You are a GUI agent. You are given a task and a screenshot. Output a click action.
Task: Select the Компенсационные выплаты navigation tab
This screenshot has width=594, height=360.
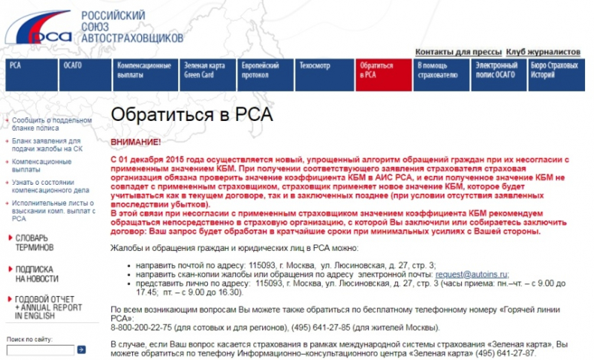pyautogui.click(x=144, y=70)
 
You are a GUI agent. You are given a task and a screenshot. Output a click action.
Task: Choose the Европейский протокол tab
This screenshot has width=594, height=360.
pyautogui.click(x=259, y=70)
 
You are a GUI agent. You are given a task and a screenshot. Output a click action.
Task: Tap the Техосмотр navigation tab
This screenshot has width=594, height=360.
pyautogui.click(x=316, y=65)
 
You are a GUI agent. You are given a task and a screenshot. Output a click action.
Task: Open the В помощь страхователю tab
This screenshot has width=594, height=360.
pyautogui.click(x=436, y=70)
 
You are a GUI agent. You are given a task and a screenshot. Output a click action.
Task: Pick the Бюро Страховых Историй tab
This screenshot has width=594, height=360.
pyautogui.click(x=554, y=70)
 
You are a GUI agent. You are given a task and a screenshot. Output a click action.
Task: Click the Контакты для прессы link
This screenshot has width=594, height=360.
pyautogui.click(x=458, y=52)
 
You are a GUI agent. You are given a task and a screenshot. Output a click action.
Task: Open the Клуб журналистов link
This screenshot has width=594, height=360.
pyautogui.click(x=543, y=52)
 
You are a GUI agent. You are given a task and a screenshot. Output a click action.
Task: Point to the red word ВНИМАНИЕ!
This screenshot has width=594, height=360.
pyautogui.click(x=135, y=141)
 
